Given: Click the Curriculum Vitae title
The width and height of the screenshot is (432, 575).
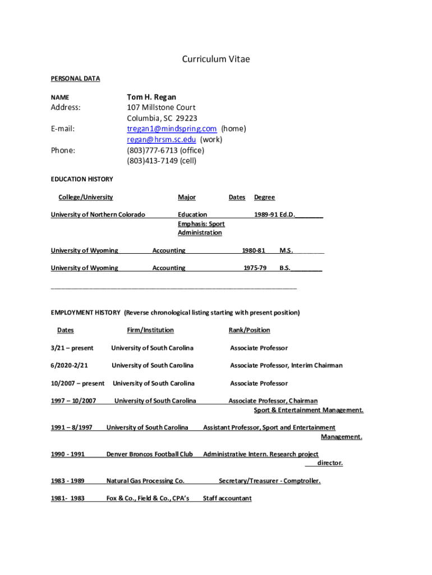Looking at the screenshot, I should coord(215,59).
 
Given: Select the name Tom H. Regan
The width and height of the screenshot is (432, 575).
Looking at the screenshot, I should coord(151,97).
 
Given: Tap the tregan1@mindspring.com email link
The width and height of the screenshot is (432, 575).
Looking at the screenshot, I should coord(172,129).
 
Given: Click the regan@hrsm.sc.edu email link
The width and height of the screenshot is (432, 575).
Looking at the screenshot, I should coord(161,139).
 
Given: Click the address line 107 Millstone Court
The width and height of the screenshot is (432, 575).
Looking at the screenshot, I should coord(161,107).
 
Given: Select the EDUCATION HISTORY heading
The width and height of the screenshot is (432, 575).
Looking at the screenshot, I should coord(82,179).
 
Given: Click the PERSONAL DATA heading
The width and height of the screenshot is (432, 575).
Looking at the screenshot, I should coord(75,79).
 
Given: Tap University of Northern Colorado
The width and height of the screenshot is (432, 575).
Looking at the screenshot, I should coord(98,215).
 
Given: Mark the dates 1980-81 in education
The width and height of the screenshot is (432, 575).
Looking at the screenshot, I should coord(254,250).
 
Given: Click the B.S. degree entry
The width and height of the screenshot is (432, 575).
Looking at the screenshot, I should coord(285,268).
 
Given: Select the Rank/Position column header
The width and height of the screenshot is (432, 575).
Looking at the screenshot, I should coord(249,330).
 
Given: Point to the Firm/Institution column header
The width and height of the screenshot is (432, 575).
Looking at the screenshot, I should coord(150,330).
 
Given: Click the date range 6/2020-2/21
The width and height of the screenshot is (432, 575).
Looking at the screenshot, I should coord(70,366).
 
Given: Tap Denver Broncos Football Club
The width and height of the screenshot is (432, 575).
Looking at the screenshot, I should coord(150,454).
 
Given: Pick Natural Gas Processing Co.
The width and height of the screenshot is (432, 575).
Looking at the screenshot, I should coord(145,481).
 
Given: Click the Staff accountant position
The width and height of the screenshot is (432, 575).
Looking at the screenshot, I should coord(227,499).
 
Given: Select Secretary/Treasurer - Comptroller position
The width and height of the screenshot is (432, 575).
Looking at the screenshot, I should coord(269,481).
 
